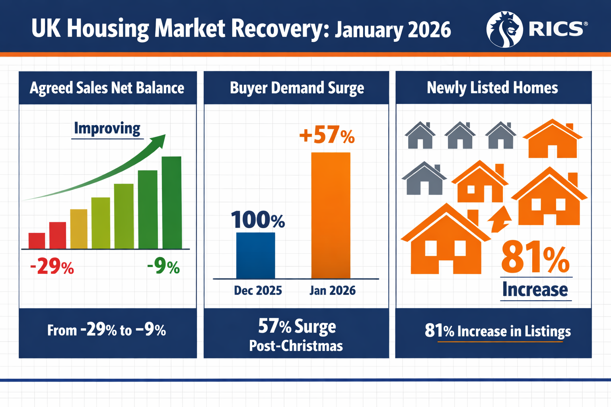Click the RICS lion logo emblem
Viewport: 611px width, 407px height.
pos(504,29)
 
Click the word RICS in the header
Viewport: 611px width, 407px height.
pos(556,29)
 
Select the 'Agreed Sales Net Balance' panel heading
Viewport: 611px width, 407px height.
pos(107,88)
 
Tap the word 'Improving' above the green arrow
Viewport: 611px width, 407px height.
pos(107,128)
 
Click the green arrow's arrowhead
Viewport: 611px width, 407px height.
pos(159,140)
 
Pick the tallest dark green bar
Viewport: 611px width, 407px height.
pos(171,203)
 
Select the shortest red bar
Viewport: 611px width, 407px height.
pos(37,241)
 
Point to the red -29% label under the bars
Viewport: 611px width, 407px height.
pos(52,266)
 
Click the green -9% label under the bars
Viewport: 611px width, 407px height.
pos(163,266)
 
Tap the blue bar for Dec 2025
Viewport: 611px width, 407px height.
pos(255,256)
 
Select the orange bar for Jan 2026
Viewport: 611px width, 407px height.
pos(331,215)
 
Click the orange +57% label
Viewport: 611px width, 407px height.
pos(327,135)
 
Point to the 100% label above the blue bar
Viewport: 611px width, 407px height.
pos(258,220)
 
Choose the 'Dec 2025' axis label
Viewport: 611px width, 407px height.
pos(258,291)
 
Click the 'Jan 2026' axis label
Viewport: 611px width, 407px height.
pos(332,291)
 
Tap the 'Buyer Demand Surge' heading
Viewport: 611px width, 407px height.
pos(297,88)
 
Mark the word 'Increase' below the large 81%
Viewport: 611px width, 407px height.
pos(535,289)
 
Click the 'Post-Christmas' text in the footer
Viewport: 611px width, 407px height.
pos(296,346)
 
